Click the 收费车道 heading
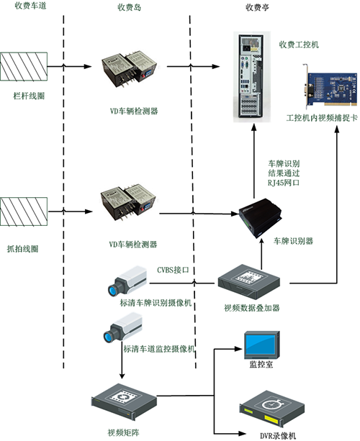coord(30,6)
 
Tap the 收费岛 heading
coord(129,7)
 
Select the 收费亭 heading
coord(257,7)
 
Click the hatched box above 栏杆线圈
coord(24,66)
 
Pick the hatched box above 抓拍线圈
coord(24,212)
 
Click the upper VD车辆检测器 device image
coord(129,69)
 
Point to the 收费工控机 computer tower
coord(251,76)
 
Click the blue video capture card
coord(331,87)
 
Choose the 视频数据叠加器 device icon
coord(249,282)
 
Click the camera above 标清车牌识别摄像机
coord(127,281)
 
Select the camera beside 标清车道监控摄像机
coord(122,327)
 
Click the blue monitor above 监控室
coord(262,345)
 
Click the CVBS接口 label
coord(173,270)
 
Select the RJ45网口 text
coord(284,183)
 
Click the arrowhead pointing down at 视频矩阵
coord(122,376)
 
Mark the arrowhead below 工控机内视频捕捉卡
coord(337,129)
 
